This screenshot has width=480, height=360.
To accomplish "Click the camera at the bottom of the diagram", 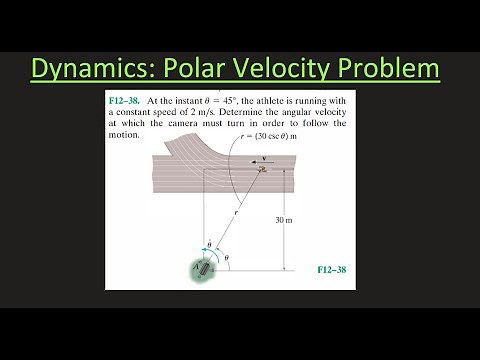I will click(x=204, y=267).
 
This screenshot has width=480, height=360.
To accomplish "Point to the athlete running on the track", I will click(x=262, y=169).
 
